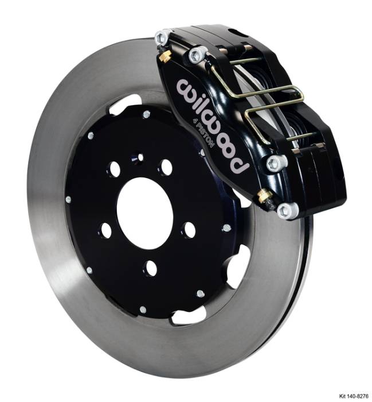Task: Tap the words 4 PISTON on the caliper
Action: (206, 136)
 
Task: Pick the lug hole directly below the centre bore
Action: (151, 267)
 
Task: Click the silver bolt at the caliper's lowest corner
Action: (287, 211)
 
